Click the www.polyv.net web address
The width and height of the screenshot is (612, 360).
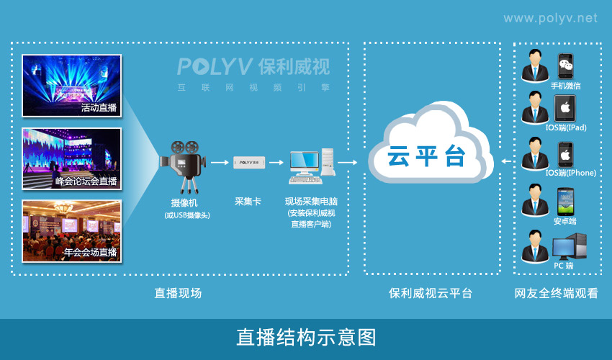pos(550,17)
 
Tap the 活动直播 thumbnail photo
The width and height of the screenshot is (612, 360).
pos(71,86)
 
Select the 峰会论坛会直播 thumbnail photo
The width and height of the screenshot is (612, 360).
pos(71,158)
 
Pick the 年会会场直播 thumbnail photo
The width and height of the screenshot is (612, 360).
pos(71,230)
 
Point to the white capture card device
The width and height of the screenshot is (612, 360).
pos(249,163)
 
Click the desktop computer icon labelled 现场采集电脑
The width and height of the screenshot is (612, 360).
pos(312,163)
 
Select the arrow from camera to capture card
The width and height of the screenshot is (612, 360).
pos(220,163)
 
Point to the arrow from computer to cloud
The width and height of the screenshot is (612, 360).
pos(347,163)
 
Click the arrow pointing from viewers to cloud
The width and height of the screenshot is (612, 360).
pos(505,160)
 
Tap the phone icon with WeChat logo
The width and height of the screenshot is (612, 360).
pos(566,66)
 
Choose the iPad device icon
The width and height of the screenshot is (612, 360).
pos(565,109)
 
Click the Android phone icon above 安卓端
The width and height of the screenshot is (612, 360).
pos(565,201)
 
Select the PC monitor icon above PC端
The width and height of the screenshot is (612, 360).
pos(569,247)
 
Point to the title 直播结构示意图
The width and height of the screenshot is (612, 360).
pos(306,337)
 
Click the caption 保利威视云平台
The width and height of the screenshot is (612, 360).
pos(431,293)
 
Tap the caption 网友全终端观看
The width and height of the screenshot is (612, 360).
pos(556,293)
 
